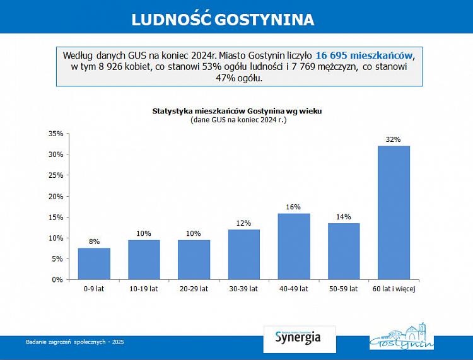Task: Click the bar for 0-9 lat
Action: pos(94,264)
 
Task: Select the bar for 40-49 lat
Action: pos(294,246)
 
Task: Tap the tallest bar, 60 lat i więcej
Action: pos(394,212)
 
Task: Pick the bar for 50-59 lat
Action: pos(344,251)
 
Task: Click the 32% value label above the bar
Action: pos(394,139)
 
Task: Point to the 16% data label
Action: pos(293,207)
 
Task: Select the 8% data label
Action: pos(94,241)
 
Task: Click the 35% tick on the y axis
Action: pos(56,134)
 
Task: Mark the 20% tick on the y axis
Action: pos(56,196)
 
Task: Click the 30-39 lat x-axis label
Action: pos(243,289)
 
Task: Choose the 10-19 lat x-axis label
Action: pos(144,289)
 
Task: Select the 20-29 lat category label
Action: pos(194,289)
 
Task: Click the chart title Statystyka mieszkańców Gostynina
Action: pos(237,111)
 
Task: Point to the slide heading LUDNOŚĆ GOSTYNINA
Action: pos(223,20)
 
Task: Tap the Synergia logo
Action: pos(298,337)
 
